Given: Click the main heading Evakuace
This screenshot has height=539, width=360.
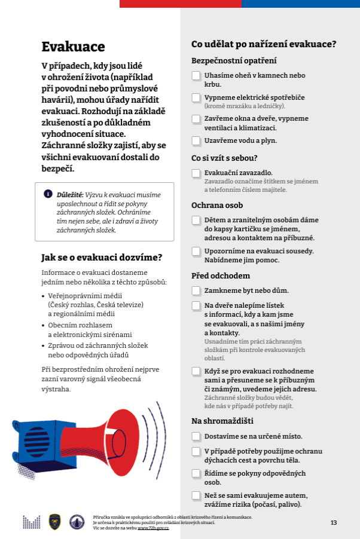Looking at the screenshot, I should (73, 47).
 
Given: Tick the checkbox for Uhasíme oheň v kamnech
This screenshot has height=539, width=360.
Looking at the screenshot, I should (196, 76).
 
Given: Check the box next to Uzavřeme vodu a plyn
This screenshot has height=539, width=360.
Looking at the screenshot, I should (196, 141).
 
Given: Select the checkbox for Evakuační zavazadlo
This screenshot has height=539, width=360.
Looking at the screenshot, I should (196, 173).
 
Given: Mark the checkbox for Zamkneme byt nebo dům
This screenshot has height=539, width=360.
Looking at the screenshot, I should (196, 291).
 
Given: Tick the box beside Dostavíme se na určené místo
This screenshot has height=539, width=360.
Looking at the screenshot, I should (196, 436).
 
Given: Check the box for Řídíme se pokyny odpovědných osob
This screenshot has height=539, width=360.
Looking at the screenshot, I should (196, 473).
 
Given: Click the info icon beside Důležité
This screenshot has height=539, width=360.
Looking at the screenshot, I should (48, 194).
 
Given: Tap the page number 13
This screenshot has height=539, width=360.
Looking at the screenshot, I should (334, 523).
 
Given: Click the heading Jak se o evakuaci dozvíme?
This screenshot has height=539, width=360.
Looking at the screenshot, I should (102, 258).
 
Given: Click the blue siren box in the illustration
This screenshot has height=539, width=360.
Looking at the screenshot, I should (36, 442).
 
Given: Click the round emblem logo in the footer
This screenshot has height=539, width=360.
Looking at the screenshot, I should (77, 522).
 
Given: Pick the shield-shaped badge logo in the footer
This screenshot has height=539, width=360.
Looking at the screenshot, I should (54, 522).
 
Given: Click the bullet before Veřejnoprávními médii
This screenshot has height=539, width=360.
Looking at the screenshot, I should (42, 296).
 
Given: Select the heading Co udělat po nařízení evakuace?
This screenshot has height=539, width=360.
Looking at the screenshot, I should (264, 44).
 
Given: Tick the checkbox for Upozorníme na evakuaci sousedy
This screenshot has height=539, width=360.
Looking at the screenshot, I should (196, 252).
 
